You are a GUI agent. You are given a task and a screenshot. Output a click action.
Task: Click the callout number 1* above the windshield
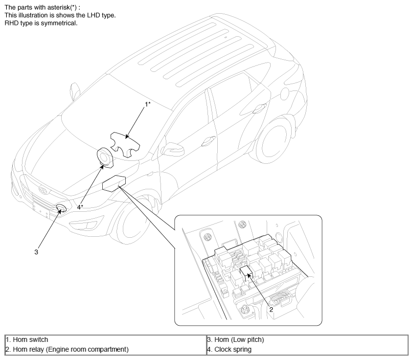coord(148,104)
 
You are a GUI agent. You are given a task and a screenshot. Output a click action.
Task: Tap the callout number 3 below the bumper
coord(36,252)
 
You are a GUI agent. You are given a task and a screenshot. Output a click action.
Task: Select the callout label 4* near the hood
coord(80,207)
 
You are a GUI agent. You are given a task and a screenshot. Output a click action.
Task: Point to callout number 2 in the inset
coord(271,310)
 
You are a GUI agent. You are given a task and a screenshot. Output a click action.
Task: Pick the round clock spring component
coord(105,158)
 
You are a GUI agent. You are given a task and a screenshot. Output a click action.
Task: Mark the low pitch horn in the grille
coord(61,208)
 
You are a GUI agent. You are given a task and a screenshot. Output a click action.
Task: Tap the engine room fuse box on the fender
coord(114,183)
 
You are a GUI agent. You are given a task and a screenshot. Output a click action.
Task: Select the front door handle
coord(208,141)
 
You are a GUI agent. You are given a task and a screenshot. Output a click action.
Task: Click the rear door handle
coord(259,109)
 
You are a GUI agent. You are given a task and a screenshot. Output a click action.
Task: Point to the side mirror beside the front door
coord(173,149)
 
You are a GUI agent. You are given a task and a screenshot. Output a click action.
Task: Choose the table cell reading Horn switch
coord(106,339)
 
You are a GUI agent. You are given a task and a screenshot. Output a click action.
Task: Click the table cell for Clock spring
coord(307,349)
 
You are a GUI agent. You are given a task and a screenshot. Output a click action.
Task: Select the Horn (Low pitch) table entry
coord(307,339)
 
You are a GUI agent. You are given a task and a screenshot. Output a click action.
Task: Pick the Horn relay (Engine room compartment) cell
coord(106,349)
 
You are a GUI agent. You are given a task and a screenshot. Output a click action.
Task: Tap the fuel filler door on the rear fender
coord(285,93)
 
